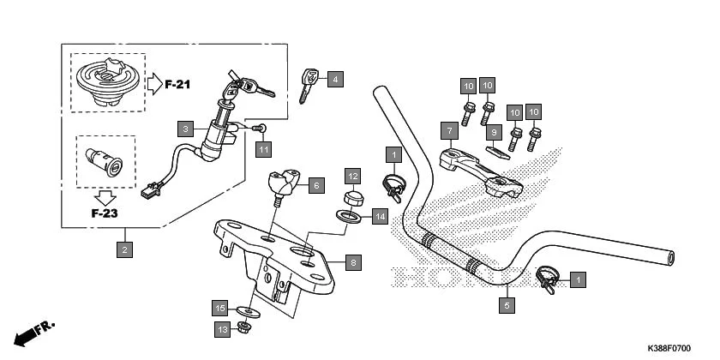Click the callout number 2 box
coord(125,250)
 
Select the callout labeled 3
coord(185,129)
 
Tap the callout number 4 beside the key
coord(334,80)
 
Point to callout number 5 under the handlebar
coord(507,303)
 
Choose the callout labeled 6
coord(315,185)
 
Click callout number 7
coord(447,130)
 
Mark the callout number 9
coord(494,132)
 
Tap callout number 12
coord(352,177)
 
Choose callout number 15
coord(220,308)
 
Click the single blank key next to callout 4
coord(306,85)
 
